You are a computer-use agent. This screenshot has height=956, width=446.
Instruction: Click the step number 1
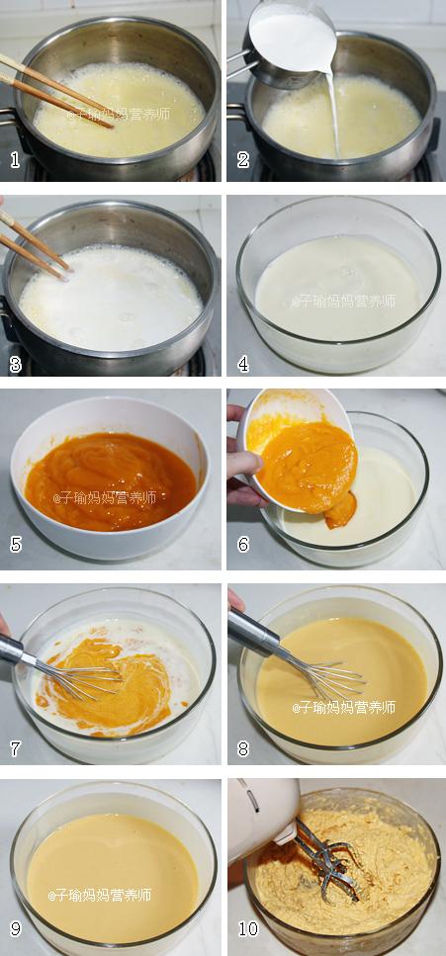16,160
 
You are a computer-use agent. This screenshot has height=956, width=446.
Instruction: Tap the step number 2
243,160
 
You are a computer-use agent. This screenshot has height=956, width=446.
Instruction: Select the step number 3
16,365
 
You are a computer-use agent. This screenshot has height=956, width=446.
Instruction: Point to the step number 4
243,365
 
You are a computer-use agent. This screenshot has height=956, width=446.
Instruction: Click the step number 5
16,544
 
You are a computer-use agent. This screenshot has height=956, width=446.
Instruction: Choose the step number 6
243,544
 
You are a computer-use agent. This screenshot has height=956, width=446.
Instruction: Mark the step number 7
16,748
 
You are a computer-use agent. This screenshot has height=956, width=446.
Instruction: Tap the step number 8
243,748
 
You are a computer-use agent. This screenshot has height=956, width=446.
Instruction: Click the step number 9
16,928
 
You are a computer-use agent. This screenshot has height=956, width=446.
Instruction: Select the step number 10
248,928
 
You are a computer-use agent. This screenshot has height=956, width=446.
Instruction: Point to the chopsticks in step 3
35,243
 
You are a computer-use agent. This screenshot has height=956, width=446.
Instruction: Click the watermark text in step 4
343,302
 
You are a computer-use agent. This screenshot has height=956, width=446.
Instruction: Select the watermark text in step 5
105,497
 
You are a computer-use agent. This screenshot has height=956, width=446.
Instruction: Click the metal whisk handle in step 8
253,631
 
